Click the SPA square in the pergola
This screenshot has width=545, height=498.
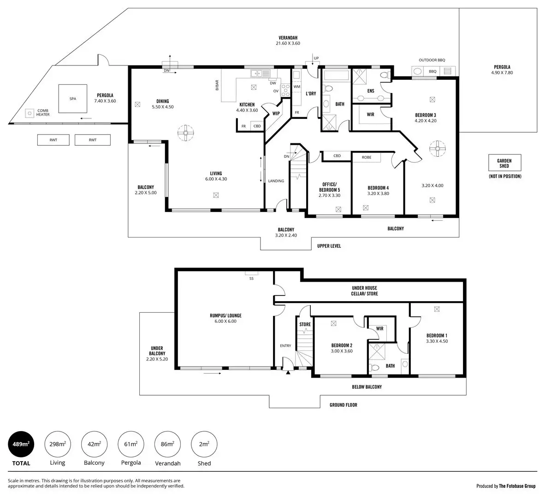73,99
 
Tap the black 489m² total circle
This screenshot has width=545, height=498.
21,444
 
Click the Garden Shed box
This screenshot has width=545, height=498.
504,163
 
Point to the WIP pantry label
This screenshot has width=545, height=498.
276,113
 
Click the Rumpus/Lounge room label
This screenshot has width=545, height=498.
225,319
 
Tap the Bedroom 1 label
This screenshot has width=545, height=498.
437,338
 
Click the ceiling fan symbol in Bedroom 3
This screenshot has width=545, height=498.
436,148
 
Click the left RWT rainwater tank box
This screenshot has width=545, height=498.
53,140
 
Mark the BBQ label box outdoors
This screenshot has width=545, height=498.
432,71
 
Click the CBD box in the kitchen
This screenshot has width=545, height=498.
257,126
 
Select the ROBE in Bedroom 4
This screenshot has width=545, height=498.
366,157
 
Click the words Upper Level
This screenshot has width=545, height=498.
329,246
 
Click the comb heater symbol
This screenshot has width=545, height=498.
30,112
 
